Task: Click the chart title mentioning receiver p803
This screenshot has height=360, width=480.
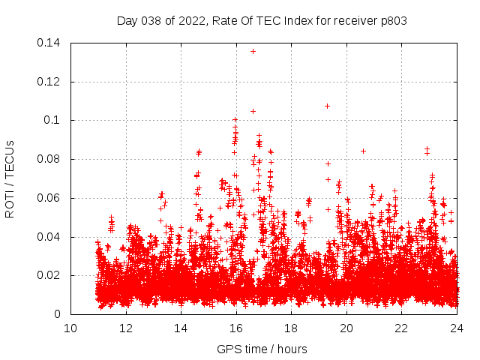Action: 262,21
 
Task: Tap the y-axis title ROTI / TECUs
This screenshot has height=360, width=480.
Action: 10,178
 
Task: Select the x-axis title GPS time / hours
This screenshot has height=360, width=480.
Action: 262,349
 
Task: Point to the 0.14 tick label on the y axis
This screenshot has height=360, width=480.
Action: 50,43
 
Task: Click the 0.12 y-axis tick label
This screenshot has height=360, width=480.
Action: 50,82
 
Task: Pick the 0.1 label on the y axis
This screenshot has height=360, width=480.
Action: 55,120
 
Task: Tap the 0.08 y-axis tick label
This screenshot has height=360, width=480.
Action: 50,159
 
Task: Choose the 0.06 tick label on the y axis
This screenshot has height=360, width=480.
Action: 50,198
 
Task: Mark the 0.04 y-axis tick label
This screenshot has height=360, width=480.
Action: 50,237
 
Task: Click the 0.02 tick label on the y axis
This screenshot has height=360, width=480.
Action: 50,276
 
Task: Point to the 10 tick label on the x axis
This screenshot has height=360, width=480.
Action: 70,328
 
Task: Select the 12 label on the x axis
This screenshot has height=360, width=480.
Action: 126,328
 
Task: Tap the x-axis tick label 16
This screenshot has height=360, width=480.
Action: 236,328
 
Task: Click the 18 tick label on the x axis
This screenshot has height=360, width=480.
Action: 292,328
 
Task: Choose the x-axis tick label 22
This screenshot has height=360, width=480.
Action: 402,328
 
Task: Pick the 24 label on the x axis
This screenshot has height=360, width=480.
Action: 457,328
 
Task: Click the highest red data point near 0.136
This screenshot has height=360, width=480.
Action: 253,51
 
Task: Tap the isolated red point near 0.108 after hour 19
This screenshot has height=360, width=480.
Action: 327,106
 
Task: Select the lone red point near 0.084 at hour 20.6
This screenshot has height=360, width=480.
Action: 363,151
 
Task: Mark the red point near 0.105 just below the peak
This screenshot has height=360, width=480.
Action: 253,111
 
